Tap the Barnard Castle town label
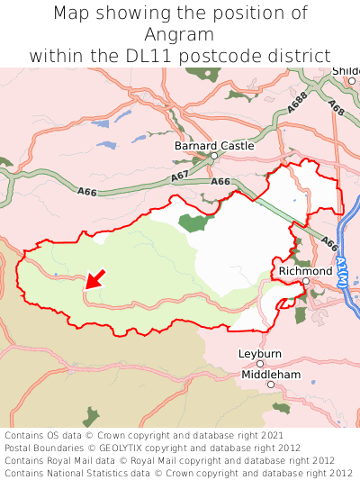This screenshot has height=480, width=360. (x=214, y=145)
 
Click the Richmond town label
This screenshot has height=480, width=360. (x=305, y=270)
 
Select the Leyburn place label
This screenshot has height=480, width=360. (x=260, y=353)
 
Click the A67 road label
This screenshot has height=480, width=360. (x=180, y=174)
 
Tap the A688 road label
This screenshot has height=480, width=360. (x=298, y=102)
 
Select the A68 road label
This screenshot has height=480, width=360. (x=336, y=107)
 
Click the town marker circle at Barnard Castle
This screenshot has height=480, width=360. (x=214, y=156)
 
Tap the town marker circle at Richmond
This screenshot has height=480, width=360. (x=305, y=281)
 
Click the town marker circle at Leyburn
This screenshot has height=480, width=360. (x=260, y=364)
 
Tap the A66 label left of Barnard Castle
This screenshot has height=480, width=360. (x=86, y=192)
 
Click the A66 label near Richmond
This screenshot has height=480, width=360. (x=329, y=244)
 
